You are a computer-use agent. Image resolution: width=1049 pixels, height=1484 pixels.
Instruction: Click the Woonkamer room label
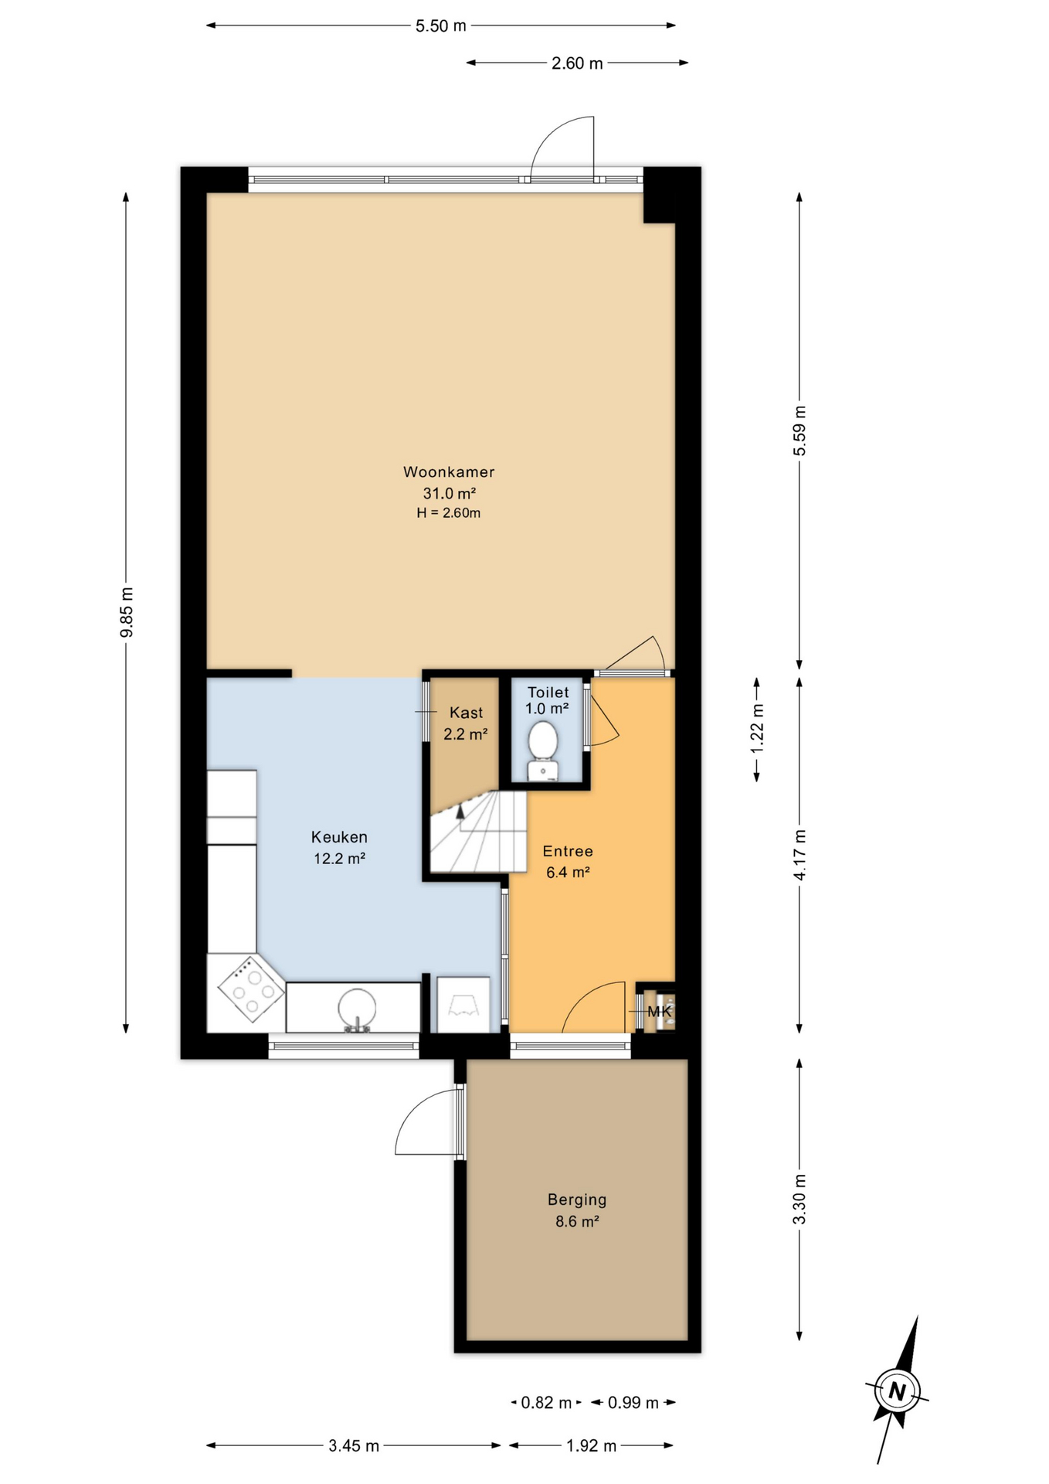pyautogui.click(x=448, y=471)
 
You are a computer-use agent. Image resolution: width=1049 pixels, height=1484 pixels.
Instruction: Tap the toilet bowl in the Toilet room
pyautogui.click(x=544, y=740)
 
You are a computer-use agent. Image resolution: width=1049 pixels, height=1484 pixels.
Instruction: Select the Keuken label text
pyautogui.click(x=339, y=837)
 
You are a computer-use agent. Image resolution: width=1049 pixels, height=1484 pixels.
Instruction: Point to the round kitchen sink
pyautogui.click(x=357, y=1009)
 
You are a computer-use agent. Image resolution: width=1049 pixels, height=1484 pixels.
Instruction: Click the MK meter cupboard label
pyautogui.click(x=659, y=1011)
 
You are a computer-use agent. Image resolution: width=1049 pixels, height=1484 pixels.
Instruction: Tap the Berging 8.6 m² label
pyautogui.click(x=577, y=1210)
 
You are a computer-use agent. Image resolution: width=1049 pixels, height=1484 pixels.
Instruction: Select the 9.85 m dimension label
pyautogui.click(x=127, y=612)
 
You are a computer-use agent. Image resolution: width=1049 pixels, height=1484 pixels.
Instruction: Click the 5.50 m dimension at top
pyautogui.click(x=441, y=26)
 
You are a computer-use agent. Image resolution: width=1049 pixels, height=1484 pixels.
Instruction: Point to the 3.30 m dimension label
pyautogui.click(x=799, y=1199)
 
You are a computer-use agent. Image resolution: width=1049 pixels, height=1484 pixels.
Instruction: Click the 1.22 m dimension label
pyautogui.click(x=758, y=730)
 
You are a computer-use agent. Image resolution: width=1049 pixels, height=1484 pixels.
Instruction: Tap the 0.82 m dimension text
pyautogui.click(x=546, y=1403)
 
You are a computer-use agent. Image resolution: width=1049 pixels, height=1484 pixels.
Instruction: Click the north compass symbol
pyautogui.click(x=897, y=1391)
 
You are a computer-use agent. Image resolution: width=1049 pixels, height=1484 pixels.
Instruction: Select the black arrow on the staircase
pyautogui.click(x=461, y=810)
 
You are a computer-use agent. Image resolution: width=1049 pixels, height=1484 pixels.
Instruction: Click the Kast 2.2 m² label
pyautogui.click(x=465, y=723)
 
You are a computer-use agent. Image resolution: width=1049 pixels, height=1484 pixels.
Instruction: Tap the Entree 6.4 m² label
pyautogui.click(x=568, y=862)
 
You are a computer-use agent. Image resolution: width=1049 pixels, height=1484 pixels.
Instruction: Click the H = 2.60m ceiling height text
pyautogui.click(x=448, y=513)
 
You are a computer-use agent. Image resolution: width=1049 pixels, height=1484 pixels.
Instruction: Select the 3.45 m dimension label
pyautogui.click(x=354, y=1446)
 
